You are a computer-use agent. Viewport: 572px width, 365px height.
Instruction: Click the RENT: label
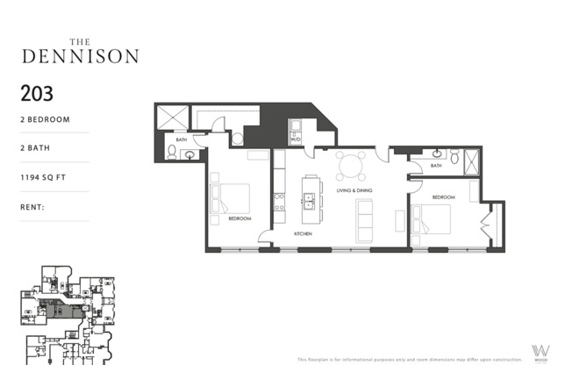(x=32, y=208)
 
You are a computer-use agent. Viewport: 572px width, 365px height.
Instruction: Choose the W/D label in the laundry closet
(x=297, y=139)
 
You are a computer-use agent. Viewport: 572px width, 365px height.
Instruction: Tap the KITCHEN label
(x=303, y=234)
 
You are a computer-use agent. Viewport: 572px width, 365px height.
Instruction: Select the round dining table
(x=352, y=165)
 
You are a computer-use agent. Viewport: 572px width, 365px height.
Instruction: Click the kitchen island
(x=310, y=198)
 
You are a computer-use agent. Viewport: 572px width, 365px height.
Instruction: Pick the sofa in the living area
(x=363, y=219)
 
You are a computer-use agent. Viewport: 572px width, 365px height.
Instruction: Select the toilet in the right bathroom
(x=454, y=157)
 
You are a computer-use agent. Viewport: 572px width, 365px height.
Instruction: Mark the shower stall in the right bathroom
(x=472, y=161)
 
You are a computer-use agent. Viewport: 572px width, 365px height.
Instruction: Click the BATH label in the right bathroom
(x=436, y=165)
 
